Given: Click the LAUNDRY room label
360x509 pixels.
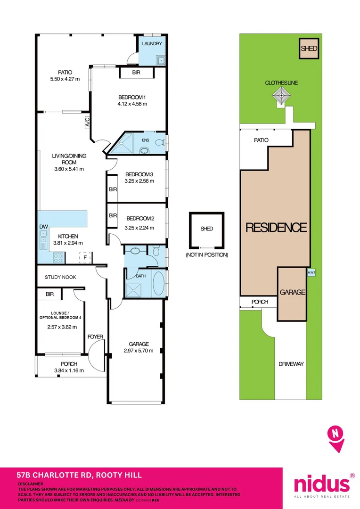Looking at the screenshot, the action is (x=152, y=43).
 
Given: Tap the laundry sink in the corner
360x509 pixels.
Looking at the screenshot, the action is (x=161, y=60).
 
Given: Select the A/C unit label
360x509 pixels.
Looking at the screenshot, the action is (x=87, y=122).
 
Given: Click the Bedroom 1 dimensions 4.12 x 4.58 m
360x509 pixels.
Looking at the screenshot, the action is (x=132, y=104).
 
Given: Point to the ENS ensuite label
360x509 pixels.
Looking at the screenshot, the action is (x=146, y=140).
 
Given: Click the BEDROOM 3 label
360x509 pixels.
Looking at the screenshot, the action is (x=139, y=174).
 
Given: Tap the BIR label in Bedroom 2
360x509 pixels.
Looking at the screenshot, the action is (x=113, y=215).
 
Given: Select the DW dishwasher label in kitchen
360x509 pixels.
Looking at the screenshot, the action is (x=43, y=227).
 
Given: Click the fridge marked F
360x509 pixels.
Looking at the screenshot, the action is (x=85, y=257).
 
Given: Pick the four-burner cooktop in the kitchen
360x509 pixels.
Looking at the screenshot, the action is (x=58, y=258).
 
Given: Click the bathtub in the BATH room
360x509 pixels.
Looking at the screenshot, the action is (x=158, y=283).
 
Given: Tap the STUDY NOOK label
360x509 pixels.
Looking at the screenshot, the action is (x=60, y=277).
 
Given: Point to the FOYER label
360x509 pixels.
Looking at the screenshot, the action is (x=96, y=337).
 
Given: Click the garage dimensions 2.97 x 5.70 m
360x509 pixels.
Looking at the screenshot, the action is (x=139, y=350).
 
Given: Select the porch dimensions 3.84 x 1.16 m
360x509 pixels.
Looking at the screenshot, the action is (x=69, y=370).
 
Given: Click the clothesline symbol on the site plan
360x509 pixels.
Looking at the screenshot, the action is (x=281, y=97).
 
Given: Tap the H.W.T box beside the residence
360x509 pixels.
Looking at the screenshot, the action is (x=311, y=272).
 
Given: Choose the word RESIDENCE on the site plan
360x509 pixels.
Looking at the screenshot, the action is (x=276, y=227).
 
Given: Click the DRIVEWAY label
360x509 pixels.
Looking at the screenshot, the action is (x=291, y=364).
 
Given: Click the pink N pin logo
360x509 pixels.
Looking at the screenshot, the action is (x=336, y=439).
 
